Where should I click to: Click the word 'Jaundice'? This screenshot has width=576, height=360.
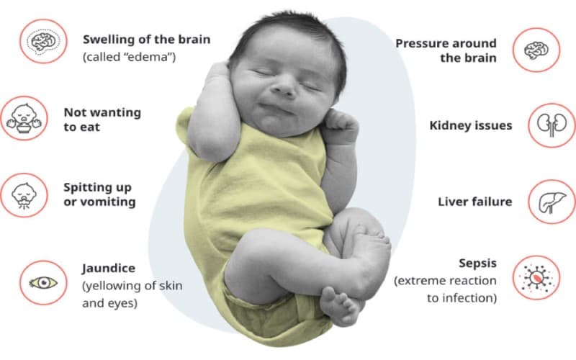tap(108, 269)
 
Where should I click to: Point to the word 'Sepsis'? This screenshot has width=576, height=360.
tap(477, 263)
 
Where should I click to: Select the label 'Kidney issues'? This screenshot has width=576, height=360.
tap(471, 125)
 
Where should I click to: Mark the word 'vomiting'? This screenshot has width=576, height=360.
tap(109, 202)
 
